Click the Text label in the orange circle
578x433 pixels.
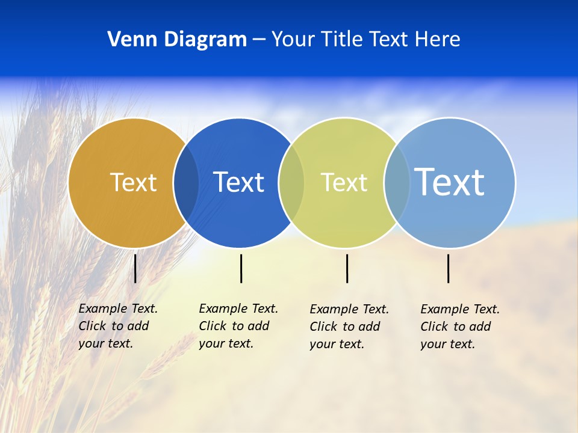click(x=133, y=182)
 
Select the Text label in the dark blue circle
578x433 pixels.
click(x=238, y=182)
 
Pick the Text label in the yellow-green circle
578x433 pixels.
click(x=344, y=182)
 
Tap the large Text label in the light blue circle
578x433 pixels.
click(x=449, y=182)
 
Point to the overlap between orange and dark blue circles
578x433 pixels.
click(x=186, y=183)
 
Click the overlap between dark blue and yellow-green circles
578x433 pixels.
click(x=291, y=183)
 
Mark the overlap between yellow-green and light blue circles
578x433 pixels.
click(x=397, y=183)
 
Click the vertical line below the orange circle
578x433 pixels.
click(x=135, y=268)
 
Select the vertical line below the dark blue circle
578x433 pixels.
click(x=241, y=268)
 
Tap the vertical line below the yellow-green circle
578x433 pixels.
click(x=347, y=268)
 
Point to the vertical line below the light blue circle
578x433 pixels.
click(x=449, y=268)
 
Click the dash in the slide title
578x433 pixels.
click(x=259, y=40)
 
